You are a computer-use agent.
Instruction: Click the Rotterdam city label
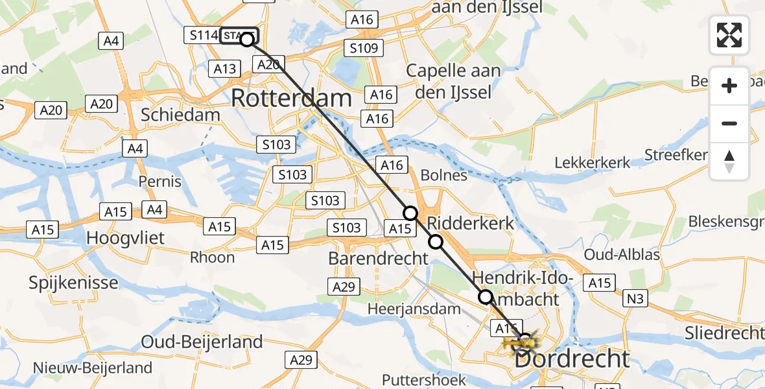tap(291, 99)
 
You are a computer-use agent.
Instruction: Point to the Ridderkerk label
tap(471, 223)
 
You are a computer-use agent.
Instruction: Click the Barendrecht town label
tap(379, 258)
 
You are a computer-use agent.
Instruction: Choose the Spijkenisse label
tap(74, 283)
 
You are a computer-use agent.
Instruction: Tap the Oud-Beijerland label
tap(202, 342)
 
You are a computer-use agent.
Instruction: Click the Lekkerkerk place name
tap(593, 163)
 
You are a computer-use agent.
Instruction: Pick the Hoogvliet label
tap(126, 238)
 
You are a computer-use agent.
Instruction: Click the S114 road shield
tap(200, 36)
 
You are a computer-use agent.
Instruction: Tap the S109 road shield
tap(364, 47)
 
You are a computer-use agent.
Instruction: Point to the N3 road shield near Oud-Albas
tap(635, 300)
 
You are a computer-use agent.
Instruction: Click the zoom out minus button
tap(729, 123)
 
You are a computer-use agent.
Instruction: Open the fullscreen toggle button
tap(729, 35)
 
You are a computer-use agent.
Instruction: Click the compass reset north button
tap(729, 161)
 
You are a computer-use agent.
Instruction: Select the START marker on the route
tap(239, 36)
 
